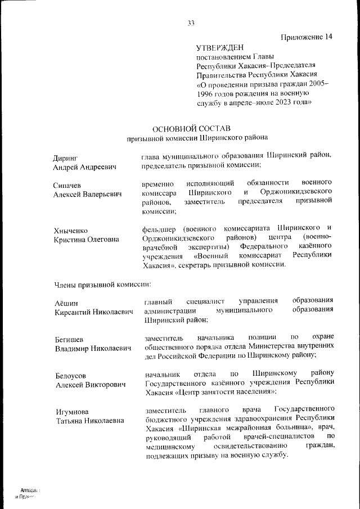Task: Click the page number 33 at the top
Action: (x=191, y=23)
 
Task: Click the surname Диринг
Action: (x=65, y=157)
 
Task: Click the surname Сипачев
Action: (x=68, y=184)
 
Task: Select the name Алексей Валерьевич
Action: (x=88, y=194)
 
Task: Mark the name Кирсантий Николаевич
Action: (x=93, y=312)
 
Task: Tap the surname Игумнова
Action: (x=73, y=411)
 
